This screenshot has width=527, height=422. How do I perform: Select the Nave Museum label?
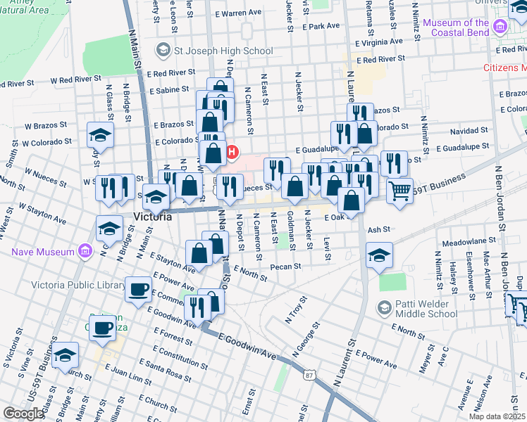(43, 251)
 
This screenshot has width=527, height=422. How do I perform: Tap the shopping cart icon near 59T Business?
(399, 190)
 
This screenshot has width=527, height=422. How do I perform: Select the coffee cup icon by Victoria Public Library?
(138, 288)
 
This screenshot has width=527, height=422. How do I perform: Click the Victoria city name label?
(151, 217)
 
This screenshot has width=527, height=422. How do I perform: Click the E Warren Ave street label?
(239, 13)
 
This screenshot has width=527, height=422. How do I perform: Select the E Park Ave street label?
(323, 26)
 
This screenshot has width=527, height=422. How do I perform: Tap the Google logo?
(23, 414)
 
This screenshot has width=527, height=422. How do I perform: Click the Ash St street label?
(378, 229)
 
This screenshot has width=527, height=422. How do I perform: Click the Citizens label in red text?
(504, 68)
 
